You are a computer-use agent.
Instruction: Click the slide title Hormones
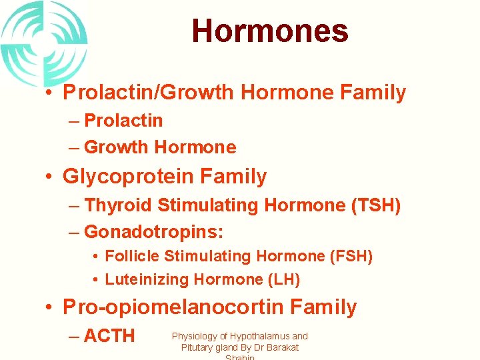coord(269,31)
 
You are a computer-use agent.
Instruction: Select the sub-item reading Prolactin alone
coord(123,121)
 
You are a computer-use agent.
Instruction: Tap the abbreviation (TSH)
coord(375,205)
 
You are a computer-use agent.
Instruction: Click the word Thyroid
coord(117,205)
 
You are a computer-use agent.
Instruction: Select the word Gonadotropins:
coord(154,232)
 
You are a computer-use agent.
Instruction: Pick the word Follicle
coord(132,256)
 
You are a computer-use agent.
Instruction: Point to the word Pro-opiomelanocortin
coord(170,307)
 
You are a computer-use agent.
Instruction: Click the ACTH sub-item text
coord(109,336)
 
